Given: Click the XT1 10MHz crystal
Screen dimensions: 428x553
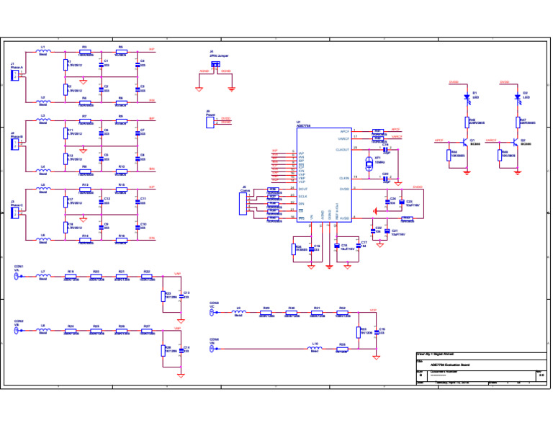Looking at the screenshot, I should tap(369, 161).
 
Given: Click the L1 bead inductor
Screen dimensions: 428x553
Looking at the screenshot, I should tap(43, 52).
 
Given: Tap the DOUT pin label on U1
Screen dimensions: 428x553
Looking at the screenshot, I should tap(303, 189).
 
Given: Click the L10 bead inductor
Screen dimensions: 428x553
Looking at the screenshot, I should tap(315, 349).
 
